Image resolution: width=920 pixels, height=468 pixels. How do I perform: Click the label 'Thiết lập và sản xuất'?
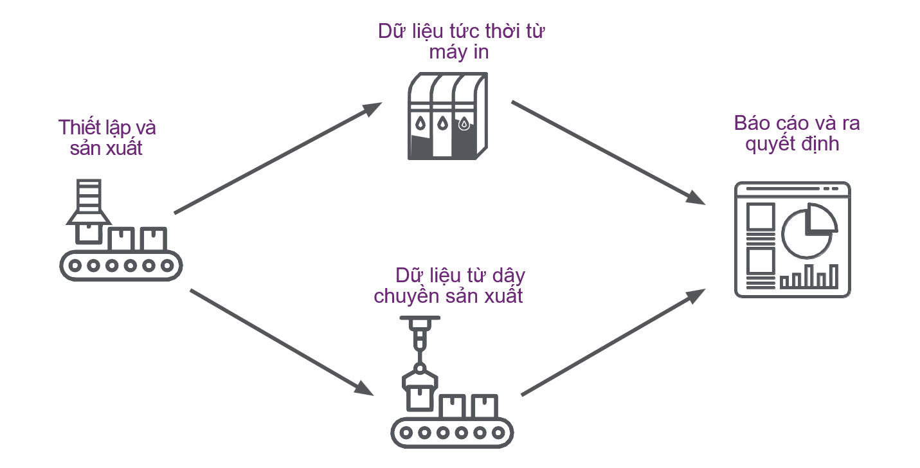coord(107,138)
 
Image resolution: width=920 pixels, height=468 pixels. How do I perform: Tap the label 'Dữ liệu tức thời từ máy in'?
coord(461,42)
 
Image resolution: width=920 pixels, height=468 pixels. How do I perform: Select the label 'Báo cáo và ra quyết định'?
coord(797,133)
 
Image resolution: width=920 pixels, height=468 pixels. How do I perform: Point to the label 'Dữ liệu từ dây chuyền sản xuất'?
coord(449,286)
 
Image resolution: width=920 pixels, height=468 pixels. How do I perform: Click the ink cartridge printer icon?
coord(446,116)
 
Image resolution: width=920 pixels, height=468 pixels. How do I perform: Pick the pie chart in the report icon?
coord(809,230)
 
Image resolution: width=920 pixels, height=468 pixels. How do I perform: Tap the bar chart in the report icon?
coord(809,276)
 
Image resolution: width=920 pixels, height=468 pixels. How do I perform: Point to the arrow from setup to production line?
coord(282,342)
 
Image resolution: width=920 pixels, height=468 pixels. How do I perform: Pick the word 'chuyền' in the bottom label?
coord(410,296)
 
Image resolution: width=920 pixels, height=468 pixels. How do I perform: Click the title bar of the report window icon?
coord(792,189)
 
